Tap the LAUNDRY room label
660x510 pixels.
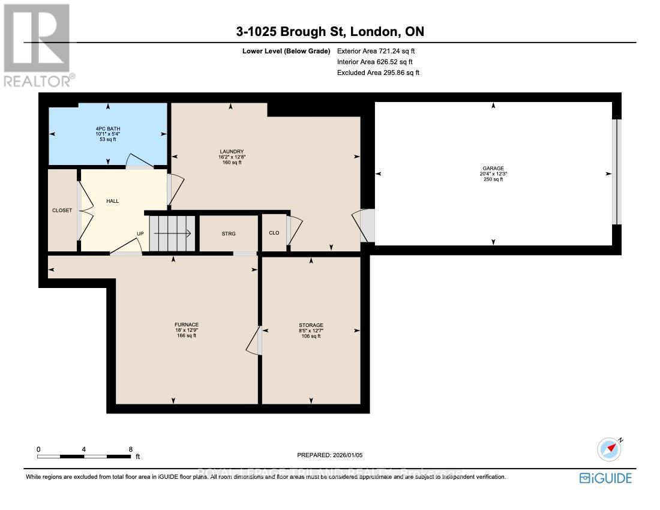point(231,152)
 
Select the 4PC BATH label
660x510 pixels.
point(108,128)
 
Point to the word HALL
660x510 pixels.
point(112,201)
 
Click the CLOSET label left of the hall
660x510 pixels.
point(62,211)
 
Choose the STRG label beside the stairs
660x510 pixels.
point(229,234)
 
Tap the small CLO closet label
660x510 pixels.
point(274,234)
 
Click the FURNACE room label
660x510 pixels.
point(186,325)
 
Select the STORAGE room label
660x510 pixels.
point(311,325)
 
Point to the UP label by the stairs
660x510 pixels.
point(140,234)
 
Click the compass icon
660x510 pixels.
point(608,448)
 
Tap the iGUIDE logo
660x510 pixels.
point(605,478)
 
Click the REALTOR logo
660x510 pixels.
point(38,45)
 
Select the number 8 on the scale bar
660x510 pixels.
point(130,449)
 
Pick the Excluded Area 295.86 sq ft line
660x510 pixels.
point(378,73)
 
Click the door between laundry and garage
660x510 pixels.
point(366,226)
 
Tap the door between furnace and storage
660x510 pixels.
point(255,341)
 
